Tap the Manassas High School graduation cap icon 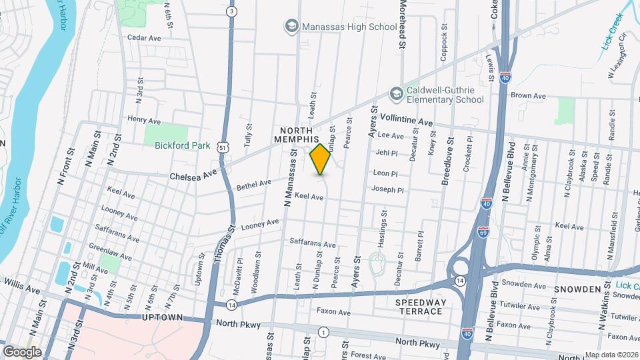pyautogui.click(x=291, y=26)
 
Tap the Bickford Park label pyautogui.click(x=182, y=145)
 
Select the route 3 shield pyautogui.click(x=231, y=11)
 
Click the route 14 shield pyautogui.click(x=231, y=305)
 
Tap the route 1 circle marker pyautogui.click(x=323, y=332)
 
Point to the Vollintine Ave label pyautogui.click(x=407, y=120)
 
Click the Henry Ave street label pyautogui.click(x=144, y=121)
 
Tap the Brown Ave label pyautogui.click(x=528, y=96)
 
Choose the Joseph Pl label pyautogui.click(x=388, y=190)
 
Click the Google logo pyautogui.click(x=22, y=351)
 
